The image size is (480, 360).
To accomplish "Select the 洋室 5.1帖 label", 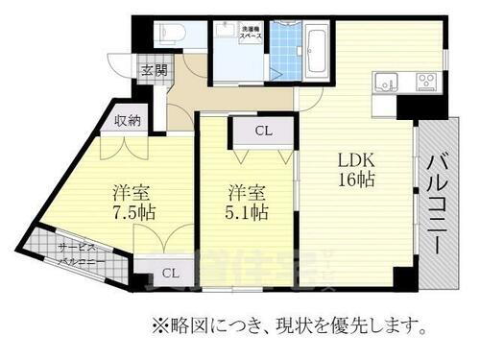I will (x=247, y=201).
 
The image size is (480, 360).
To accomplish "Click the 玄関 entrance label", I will (x=154, y=71).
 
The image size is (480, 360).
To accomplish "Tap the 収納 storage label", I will (x=128, y=121).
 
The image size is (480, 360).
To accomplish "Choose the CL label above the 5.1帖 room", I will (x=262, y=132).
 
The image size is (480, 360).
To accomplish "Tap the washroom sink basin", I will (x=227, y=39).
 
